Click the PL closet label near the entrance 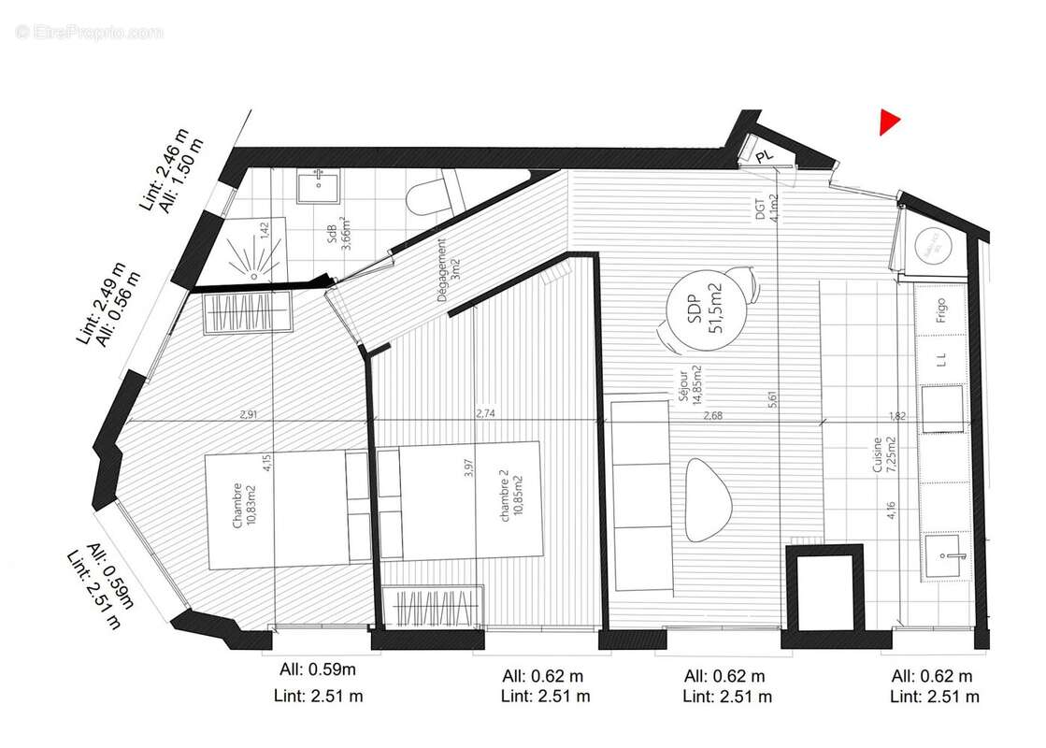(765, 156)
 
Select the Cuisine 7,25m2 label (882, 457)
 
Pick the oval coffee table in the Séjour (709, 496)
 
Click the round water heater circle (931, 248)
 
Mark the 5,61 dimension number (772, 398)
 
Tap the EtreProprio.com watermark (90, 33)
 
